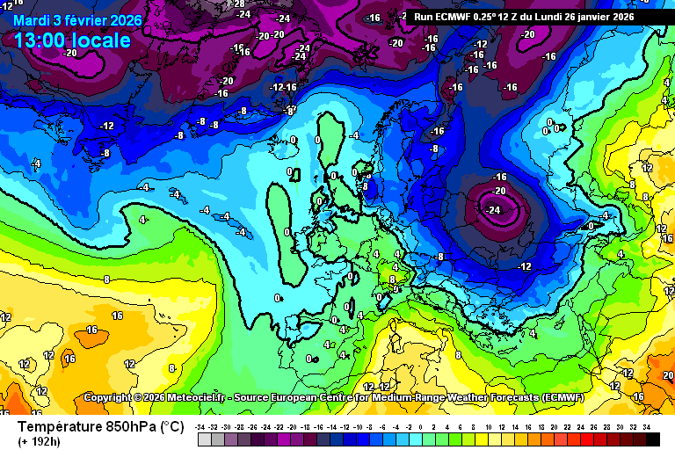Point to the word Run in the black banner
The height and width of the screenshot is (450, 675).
pyautogui.click(x=423, y=17)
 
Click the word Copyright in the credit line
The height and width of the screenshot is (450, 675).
pyautogui.click(x=110, y=397)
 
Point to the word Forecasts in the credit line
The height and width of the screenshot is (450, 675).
pyautogui.click(x=485, y=397)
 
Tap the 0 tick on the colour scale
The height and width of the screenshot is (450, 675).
pyautogui.click(x=420, y=426)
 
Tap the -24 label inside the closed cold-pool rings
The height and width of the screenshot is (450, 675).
pyautogui.click(x=492, y=209)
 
